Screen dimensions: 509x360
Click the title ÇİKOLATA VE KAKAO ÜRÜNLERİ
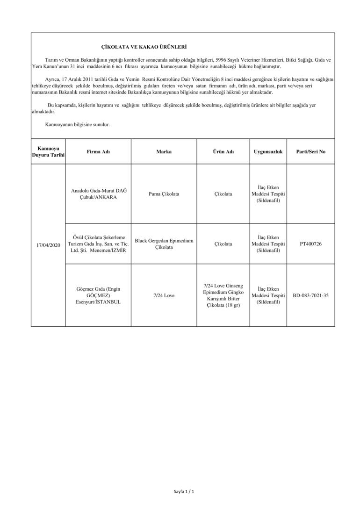144,47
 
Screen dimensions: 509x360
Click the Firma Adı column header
98,152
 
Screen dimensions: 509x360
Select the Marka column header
164,152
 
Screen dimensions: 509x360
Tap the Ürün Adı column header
223,152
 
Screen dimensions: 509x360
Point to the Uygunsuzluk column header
268,152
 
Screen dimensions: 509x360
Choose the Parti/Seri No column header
311,152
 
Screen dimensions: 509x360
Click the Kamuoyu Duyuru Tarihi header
48,151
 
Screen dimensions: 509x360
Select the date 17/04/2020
48,244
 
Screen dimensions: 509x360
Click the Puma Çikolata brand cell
164,194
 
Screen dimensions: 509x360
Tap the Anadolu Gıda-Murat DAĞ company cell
98,194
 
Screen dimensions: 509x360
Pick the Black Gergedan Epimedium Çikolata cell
164,244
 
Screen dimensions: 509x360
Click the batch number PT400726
311,244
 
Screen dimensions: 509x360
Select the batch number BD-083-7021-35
311,295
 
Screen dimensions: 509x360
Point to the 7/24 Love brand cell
164,295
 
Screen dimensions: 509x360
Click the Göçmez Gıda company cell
98,295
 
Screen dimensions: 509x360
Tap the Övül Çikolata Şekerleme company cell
98,244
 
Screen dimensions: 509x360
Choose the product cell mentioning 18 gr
223,295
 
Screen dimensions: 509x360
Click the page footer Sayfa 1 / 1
183,492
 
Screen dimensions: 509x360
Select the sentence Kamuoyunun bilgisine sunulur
77,125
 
